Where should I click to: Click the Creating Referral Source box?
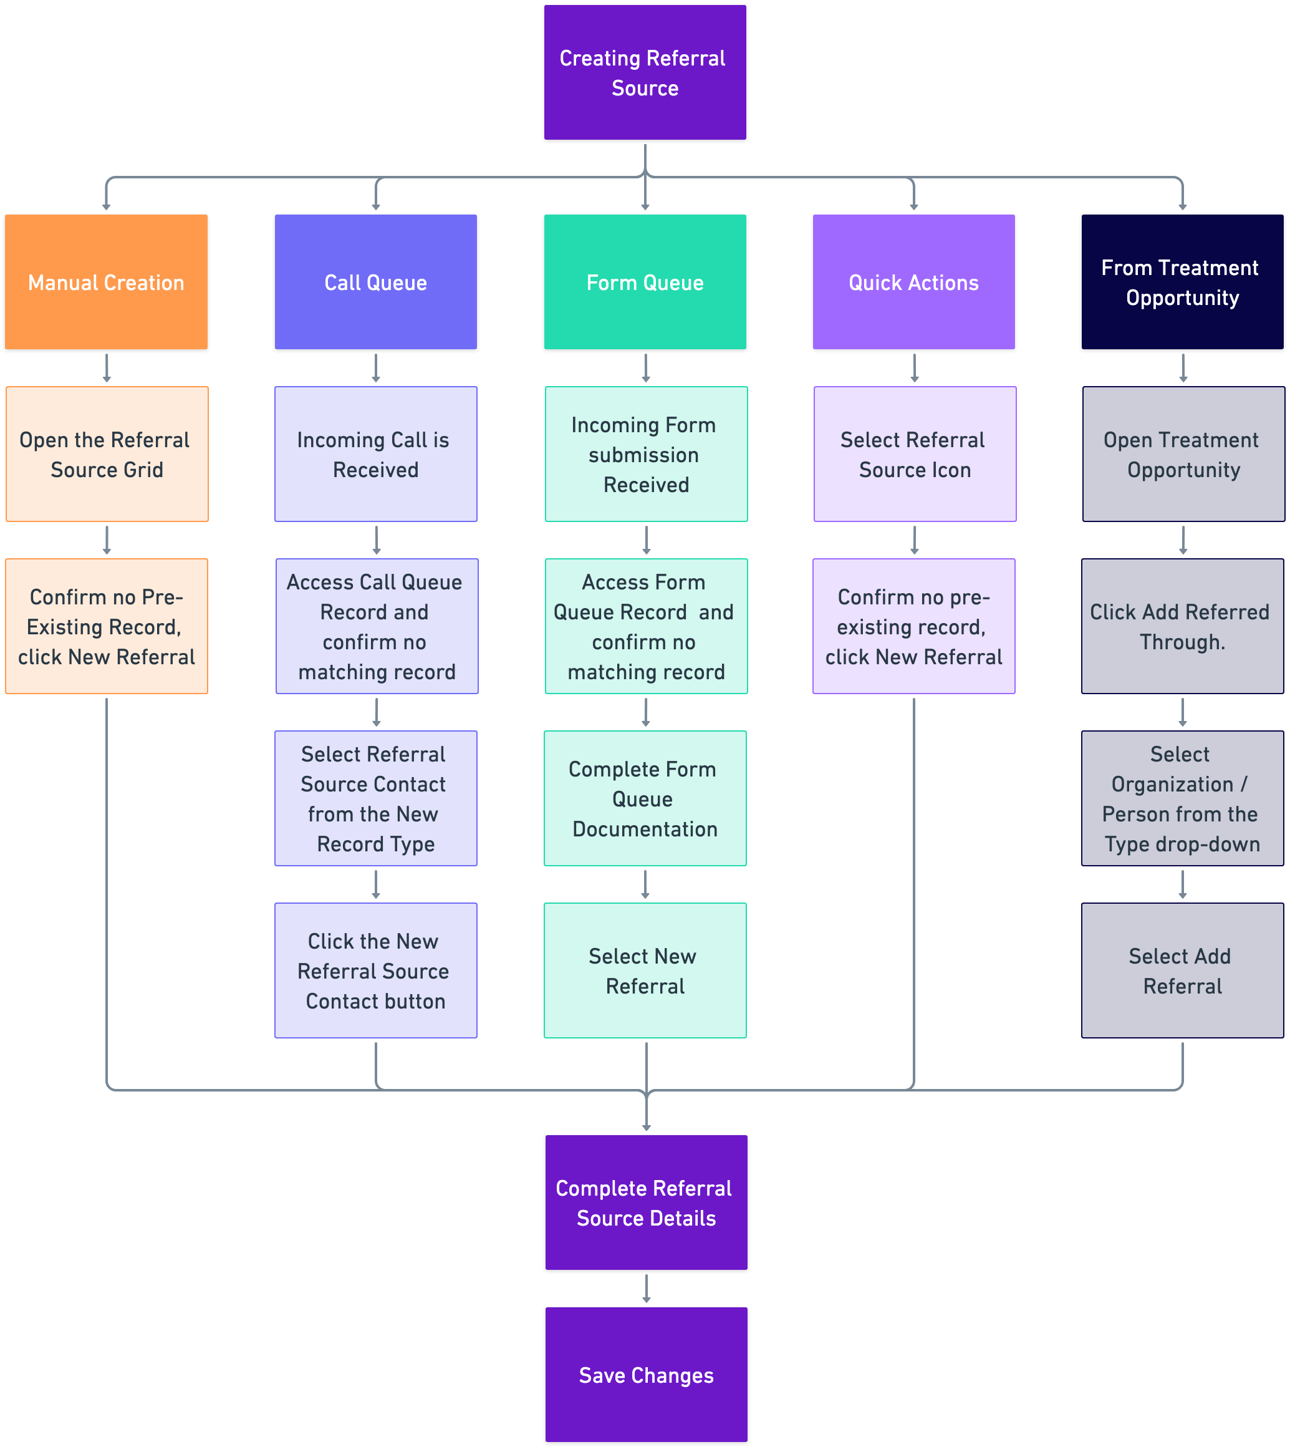coord(644,72)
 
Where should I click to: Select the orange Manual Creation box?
coord(107,281)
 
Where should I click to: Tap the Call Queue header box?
coord(376,281)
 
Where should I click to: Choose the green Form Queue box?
coord(644,281)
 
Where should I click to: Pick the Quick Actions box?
coord(913,281)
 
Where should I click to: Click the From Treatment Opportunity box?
coord(1182,281)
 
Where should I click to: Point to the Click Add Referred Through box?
coord(1182,626)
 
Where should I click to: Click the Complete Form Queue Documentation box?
coord(644,798)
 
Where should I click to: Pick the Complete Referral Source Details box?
coord(646,1203)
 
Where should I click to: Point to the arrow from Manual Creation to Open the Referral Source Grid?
coord(107,368)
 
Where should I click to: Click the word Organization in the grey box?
coord(1172,784)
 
